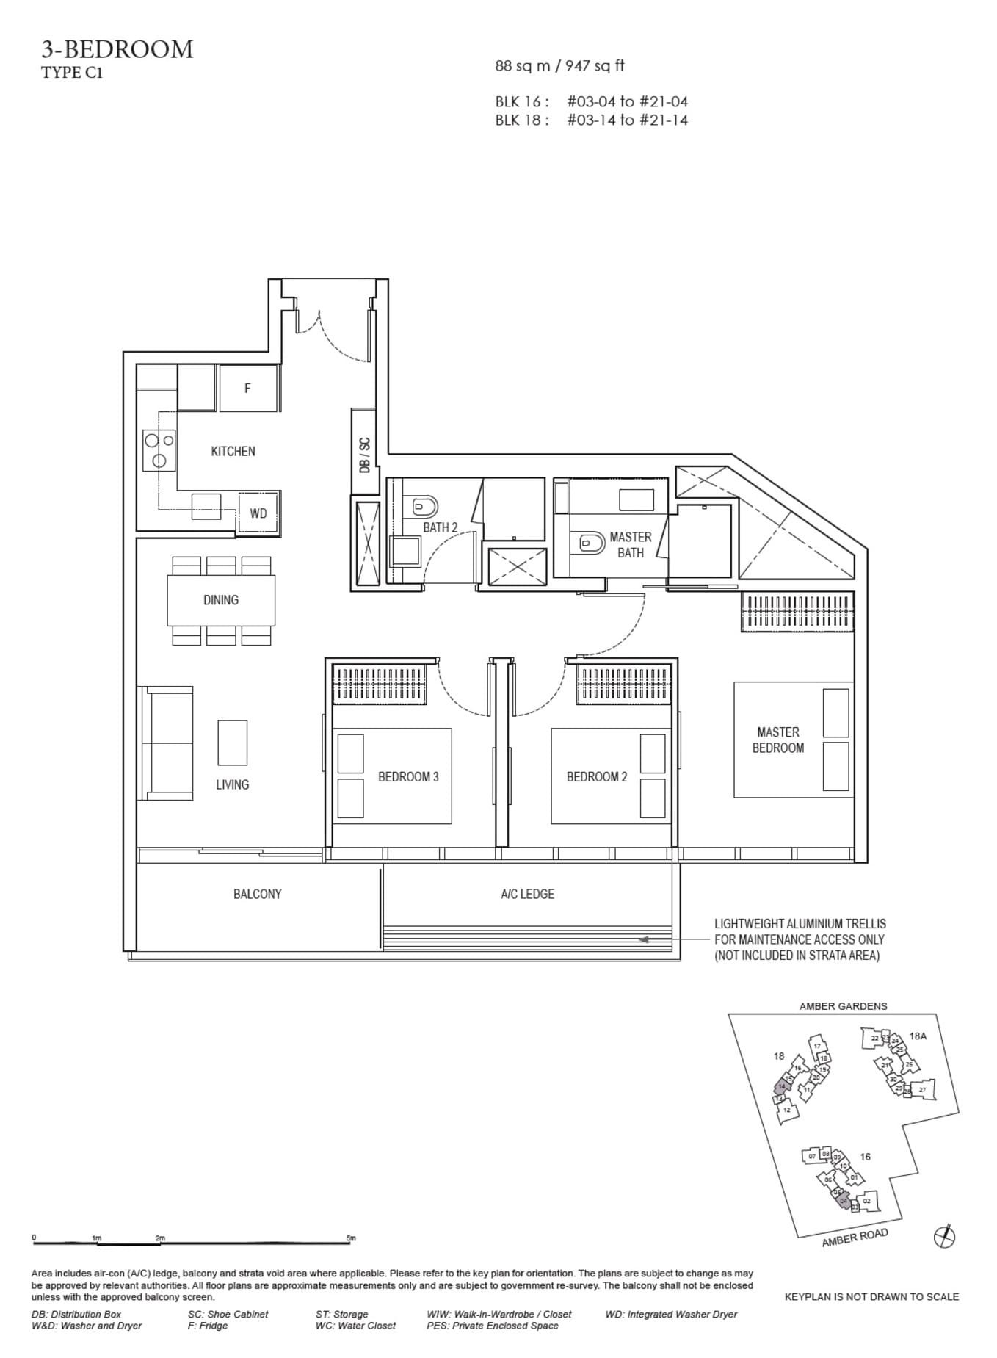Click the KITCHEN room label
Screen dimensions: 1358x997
point(233,451)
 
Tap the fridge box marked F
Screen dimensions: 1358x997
point(247,388)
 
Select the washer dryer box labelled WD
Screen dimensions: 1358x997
point(258,513)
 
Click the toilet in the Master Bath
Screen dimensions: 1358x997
point(590,542)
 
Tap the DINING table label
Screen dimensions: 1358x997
point(221,600)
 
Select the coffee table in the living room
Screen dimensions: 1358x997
point(232,742)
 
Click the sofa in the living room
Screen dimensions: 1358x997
point(167,743)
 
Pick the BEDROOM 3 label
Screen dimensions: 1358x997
point(408,776)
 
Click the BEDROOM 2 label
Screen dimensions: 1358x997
point(596,776)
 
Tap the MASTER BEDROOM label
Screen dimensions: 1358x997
point(777,740)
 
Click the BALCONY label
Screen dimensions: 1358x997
point(257,894)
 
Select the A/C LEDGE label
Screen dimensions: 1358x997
point(527,894)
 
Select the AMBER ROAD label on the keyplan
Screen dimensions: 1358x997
point(855,1238)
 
